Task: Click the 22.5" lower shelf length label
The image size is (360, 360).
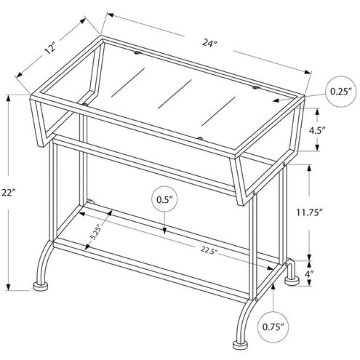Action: pos(208,251)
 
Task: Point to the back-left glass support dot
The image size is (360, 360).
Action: pos(136,53)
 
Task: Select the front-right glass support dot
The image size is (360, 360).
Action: pos(199,136)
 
